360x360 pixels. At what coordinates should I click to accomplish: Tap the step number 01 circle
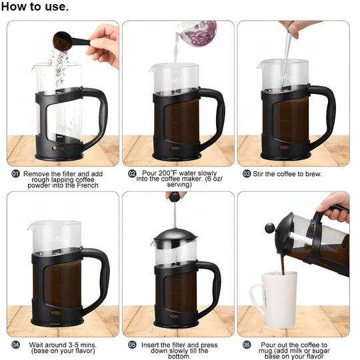15,173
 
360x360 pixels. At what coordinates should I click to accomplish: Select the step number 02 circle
132,173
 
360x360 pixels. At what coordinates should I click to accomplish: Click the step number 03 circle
247,173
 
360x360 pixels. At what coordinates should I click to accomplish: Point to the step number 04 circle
15,345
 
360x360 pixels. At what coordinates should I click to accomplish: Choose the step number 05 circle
132,345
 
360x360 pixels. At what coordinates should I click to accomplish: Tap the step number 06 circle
247,345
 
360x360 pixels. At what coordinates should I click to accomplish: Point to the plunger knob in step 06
269,227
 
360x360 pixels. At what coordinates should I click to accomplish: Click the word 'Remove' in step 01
37,173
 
